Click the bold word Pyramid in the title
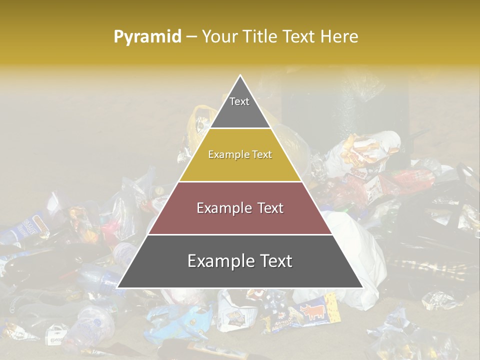[147, 37]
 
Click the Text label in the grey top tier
[239, 101]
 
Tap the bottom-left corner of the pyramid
[117, 287]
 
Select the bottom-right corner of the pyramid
[362, 287]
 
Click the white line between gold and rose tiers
[240, 181]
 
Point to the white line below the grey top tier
[240, 128]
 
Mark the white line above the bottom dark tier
[240, 234]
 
